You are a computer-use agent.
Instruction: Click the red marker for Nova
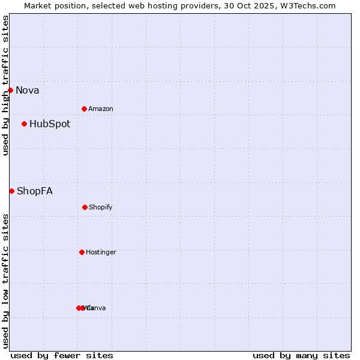pyautogui.click(x=10, y=90)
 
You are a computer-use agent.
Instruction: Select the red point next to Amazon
pyautogui.click(x=84, y=109)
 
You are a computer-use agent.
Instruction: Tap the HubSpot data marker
pyautogui.click(x=24, y=124)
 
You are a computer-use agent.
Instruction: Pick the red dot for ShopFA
pyautogui.click(x=11, y=191)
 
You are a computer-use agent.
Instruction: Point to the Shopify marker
pyautogui.click(x=85, y=207)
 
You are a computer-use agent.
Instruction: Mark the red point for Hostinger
pyautogui.click(x=82, y=252)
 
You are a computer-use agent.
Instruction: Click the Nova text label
pyautogui.click(x=27, y=90)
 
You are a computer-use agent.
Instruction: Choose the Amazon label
pyautogui.click(x=100, y=109)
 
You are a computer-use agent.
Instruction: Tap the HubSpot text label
pyautogui.click(x=50, y=124)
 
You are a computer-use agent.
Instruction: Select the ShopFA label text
pyautogui.click(x=35, y=191)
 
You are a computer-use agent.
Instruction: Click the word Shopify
pyautogui.click(x=100, y=207)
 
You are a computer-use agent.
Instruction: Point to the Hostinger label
pyautogui.click(x=101, y=252)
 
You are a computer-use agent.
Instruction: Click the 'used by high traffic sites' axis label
pyautogui.click(x=5, y=85)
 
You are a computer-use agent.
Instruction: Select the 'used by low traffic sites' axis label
pyautogui.click(x=5, y=281)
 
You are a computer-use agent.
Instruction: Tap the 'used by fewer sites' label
pyautogui.click(x=62, y=355)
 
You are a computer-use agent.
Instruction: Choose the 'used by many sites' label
pyautogui.click(x=301, y=355)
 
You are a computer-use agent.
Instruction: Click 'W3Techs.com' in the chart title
pyautogui.click(x=310, y=5)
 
